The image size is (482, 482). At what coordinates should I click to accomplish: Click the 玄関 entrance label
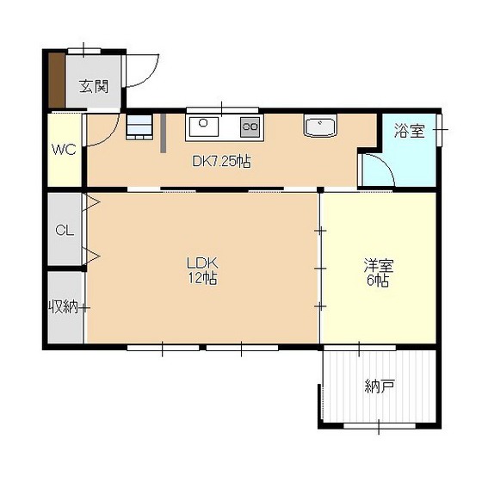click(94, 86)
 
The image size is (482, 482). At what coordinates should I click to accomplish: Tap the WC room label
click(64, 150)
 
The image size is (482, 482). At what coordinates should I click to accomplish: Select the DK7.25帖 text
click(221, 161)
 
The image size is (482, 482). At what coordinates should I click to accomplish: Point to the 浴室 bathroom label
click(410, 131)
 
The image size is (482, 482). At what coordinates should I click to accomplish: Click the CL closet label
click(65, 230)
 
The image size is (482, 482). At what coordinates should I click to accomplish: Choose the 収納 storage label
click(64, 306)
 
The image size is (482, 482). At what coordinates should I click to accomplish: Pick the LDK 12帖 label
click(202, 270)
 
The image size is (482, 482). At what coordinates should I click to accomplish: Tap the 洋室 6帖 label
click(379, 273)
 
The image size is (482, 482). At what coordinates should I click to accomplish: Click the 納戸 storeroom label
click(380, 386)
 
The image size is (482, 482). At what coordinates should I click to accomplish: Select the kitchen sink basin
click(203, 127)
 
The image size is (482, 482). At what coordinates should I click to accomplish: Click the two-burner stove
click(250, 127)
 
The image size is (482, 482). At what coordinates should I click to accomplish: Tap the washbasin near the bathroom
click(320, 126)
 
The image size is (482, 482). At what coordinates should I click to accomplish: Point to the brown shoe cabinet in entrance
click(57, 81)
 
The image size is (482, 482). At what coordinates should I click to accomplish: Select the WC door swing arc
click(109, 136)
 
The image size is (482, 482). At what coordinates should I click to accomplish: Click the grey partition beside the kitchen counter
click(164, 133)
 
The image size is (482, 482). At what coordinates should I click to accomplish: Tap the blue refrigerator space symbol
click(139, 127)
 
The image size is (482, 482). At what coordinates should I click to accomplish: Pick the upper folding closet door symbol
click(91, 202)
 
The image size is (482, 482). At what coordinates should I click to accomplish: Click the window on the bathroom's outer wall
click(439, 130)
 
